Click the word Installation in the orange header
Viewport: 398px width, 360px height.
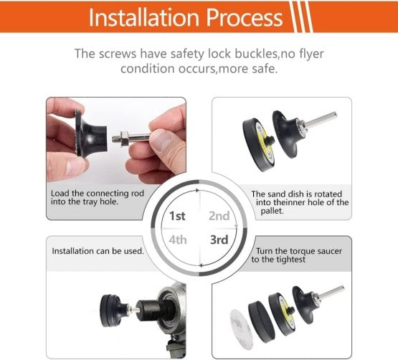(x=144, y=17)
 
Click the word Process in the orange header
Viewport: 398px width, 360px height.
(x=245, y=17)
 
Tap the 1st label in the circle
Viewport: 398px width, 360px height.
(x=177, y=217)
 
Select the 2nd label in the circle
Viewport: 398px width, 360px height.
(x=219, y=216)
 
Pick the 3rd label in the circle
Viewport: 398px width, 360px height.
(x=219, y=240)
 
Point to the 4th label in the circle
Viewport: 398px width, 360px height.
(x=178, y=240)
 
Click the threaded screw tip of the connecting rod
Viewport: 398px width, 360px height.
(x=116, y=138)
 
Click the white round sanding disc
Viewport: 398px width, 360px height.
(x=241, y=329)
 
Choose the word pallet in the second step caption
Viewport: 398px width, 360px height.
(x=272, y=211)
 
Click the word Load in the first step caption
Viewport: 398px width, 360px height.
(x=60, y=194)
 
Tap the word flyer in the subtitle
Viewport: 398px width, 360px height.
(x=310, y=54)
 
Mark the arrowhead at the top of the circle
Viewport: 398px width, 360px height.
(x=197, y=190)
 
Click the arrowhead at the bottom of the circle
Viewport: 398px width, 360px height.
(x=201, y=265)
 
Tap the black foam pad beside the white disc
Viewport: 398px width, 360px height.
(x=260, y=321)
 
